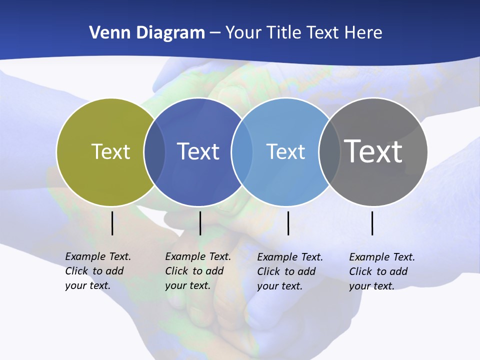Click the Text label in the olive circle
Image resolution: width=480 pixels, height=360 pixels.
tap(110, 151)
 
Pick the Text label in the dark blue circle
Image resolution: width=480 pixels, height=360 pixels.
tap(198, 151)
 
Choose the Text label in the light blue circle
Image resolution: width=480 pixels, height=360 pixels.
tap(285, 151)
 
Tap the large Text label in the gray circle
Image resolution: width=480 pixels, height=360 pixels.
tap(373, 151)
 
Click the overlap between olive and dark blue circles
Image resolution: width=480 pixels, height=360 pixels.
tap(154, 151)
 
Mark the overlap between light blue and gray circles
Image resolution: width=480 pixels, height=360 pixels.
tap(329, 151)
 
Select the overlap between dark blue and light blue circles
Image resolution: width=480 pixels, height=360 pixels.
tap(242, 151)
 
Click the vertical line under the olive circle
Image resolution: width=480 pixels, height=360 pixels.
tap(112, 223)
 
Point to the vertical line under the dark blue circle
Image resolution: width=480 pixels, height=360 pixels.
tap(200, 223)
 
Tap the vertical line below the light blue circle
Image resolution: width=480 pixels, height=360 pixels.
tap(288, 223)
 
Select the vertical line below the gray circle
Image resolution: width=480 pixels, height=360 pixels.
tap(372, 223)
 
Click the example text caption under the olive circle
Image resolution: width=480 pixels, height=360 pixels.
tap(98, 271)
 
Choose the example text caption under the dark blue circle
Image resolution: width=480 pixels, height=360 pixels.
tap(198, 271)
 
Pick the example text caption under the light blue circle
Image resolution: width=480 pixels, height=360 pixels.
tap(290, 271)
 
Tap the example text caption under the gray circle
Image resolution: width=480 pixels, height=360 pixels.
tap(382, 271)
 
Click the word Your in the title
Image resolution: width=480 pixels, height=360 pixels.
tap(243, 33)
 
